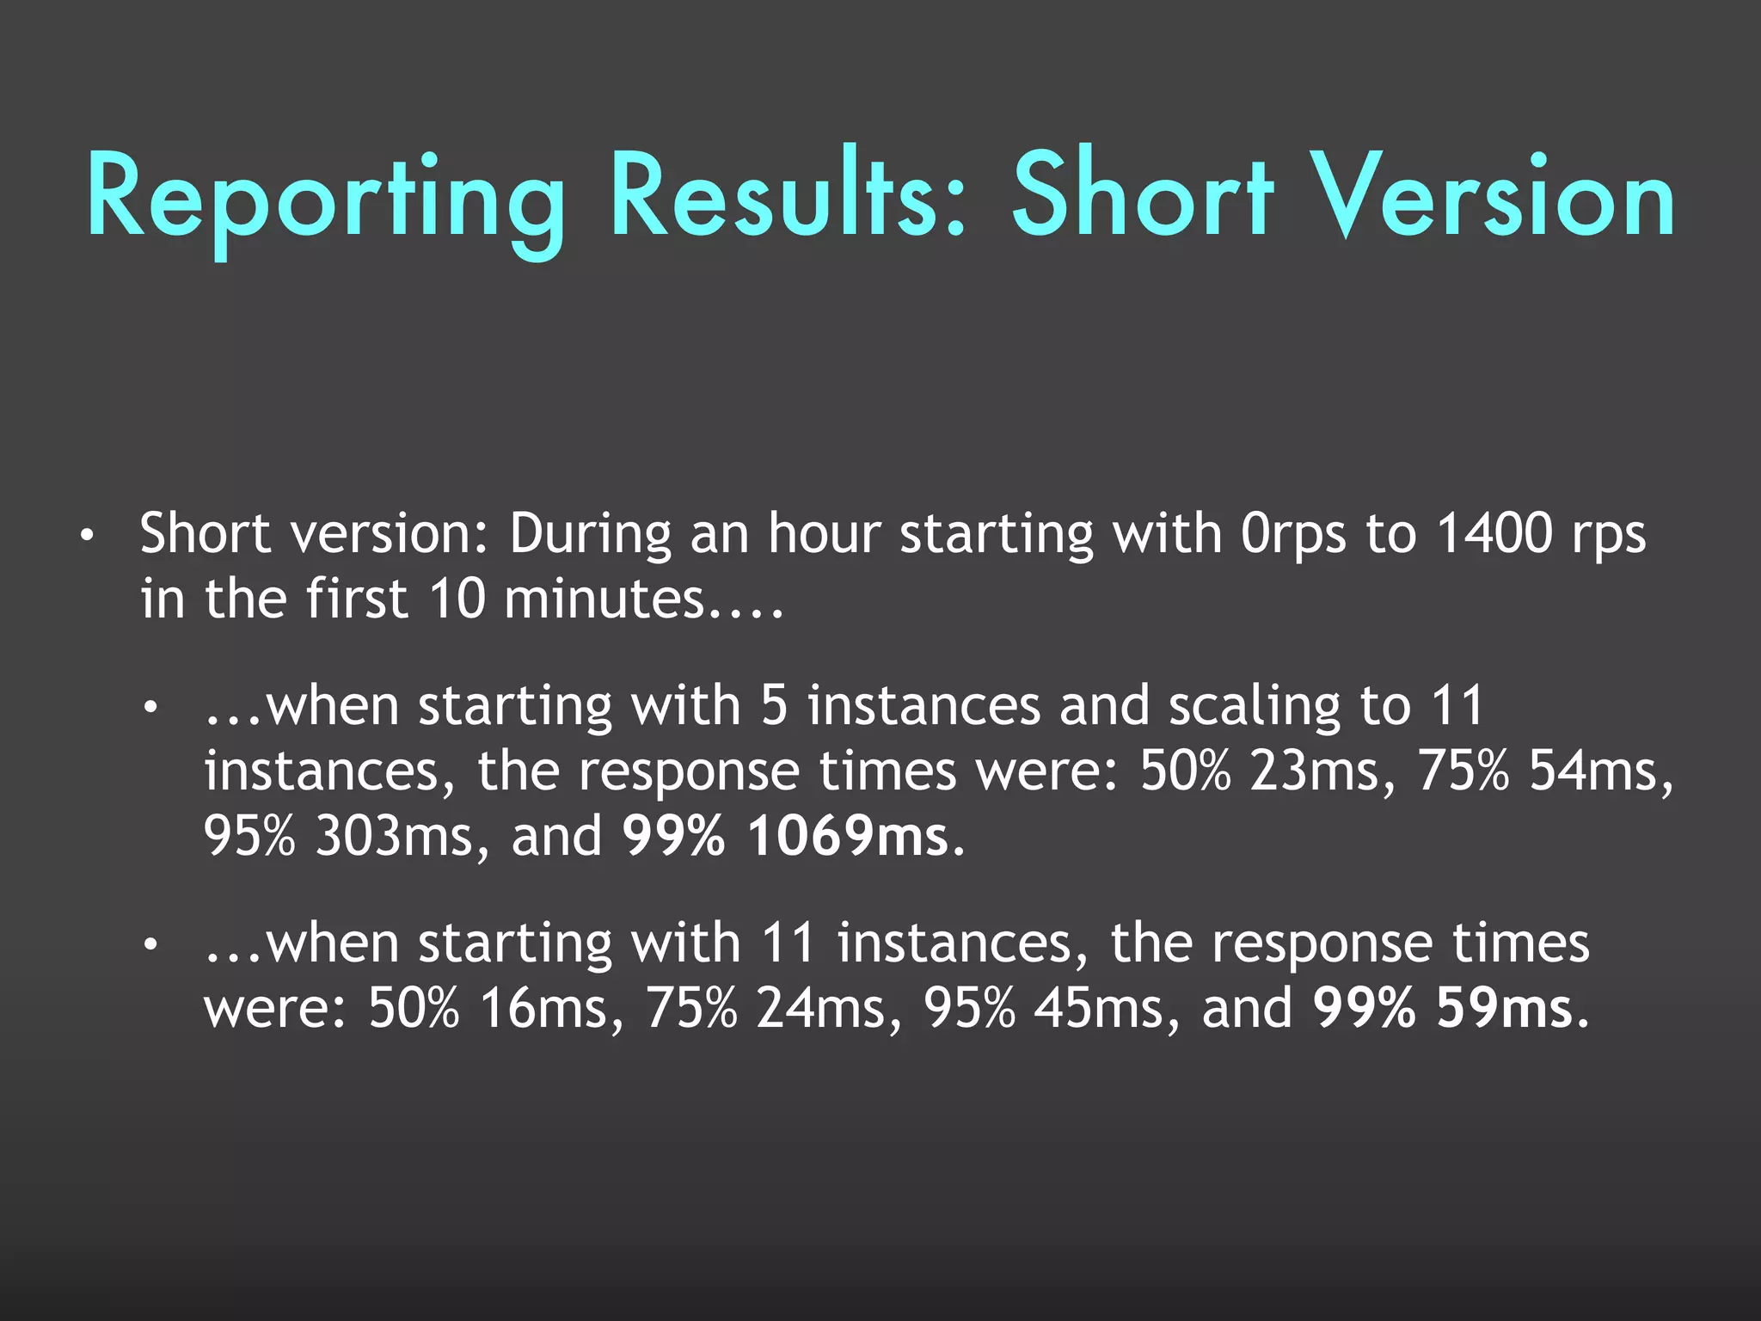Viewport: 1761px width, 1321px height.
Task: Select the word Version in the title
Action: point(1496,196)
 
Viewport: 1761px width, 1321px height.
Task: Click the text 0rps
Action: point(1293,535)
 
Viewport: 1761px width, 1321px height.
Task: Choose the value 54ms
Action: point(1600,771)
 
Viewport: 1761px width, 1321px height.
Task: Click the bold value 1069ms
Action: point(847,836)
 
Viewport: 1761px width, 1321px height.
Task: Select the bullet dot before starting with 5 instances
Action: point(150,709)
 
